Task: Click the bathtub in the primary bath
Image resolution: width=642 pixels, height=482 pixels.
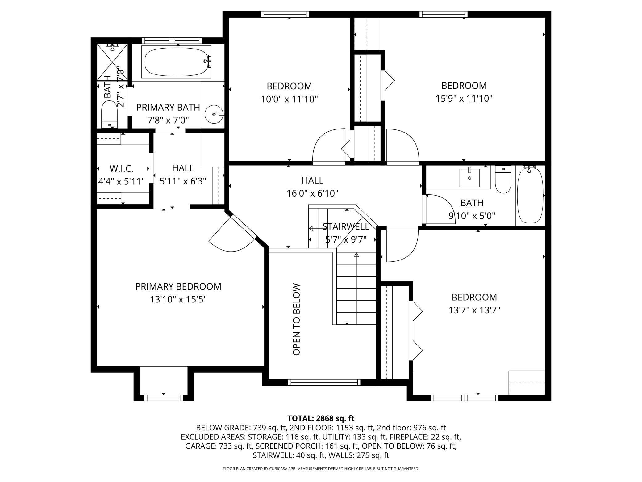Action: pyautogui.click(x=176, y=62)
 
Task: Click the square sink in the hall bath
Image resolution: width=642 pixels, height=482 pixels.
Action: pyautogui.click(x=469, y=178)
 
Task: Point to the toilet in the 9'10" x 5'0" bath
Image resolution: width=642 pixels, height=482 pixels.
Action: pyautogui.click(x=503, y=180)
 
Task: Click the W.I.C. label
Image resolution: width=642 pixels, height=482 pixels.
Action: pyautogui.click(x=121, y=169)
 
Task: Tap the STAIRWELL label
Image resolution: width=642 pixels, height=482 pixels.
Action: pyautogui.click(x=346, y=227)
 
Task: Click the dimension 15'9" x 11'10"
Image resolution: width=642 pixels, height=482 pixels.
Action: pyautogui.click(x=464, y=99)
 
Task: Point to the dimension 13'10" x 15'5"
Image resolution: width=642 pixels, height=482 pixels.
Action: pyautogui.click(x=178, y=299)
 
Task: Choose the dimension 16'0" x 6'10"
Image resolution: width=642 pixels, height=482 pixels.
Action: pyautogui.click(x=312, y=193)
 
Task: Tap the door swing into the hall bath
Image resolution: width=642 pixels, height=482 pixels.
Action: pyautogui.click(x=438, y=209)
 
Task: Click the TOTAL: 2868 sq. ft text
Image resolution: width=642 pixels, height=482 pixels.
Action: pyautogui.click(x=321, y=418)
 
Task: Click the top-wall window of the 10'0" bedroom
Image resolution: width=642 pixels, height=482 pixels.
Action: pyautogui.click(x=285, y=14)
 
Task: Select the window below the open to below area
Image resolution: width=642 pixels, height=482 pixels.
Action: pyautogui.click(x=324, y=382)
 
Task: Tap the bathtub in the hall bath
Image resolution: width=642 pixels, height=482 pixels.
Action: pyautogui.click(x=530, y=195)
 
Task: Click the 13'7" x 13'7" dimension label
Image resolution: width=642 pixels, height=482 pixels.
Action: pyautogui.click(x=474, y=310)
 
